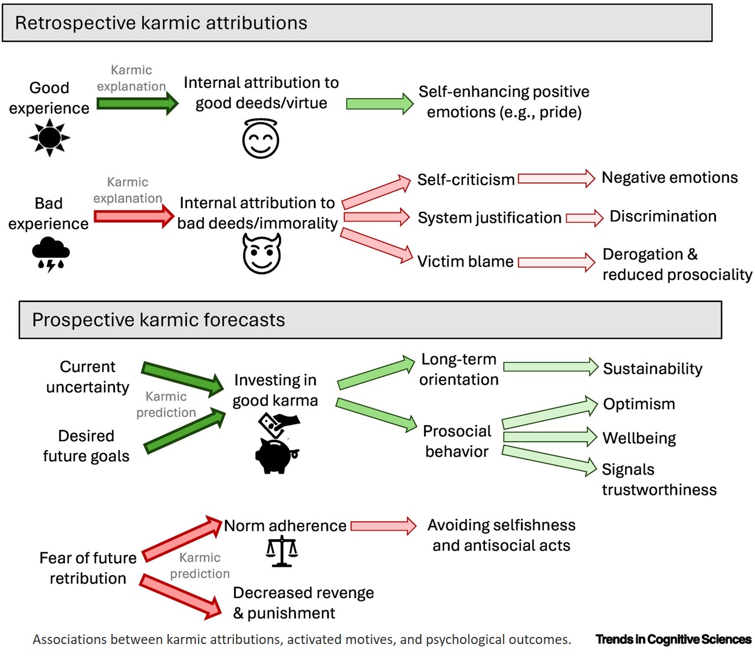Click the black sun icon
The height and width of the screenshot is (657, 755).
pos(50,137)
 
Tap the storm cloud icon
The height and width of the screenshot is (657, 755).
pos(51,254)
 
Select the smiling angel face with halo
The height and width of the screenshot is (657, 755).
pos(261,139)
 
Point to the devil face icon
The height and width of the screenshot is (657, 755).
pos(262,254)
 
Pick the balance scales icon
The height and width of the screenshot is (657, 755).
pos(282,551)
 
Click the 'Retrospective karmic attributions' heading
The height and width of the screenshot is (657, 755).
pos(161,23)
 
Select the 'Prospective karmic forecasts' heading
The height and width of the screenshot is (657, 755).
pos(158,320)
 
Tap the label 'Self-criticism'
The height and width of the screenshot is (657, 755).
pos(466,180)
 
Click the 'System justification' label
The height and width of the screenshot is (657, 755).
pos(490,218)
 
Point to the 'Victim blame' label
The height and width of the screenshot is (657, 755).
pos(465,261)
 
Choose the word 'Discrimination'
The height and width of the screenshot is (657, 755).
pos(663,216)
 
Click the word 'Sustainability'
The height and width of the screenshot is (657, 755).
pos(652,369)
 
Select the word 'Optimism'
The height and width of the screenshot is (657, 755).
pos(639,404)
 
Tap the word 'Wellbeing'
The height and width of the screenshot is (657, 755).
pos(639,438)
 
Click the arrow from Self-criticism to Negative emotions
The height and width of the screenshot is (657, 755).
pos(556,179)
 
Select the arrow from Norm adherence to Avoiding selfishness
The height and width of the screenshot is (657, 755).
pos(383,525)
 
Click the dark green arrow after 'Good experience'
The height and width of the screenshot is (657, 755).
pos(137,104)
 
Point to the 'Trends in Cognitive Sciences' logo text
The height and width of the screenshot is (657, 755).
pos(674,639)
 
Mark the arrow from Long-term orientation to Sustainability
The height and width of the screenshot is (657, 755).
pos(550,367)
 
